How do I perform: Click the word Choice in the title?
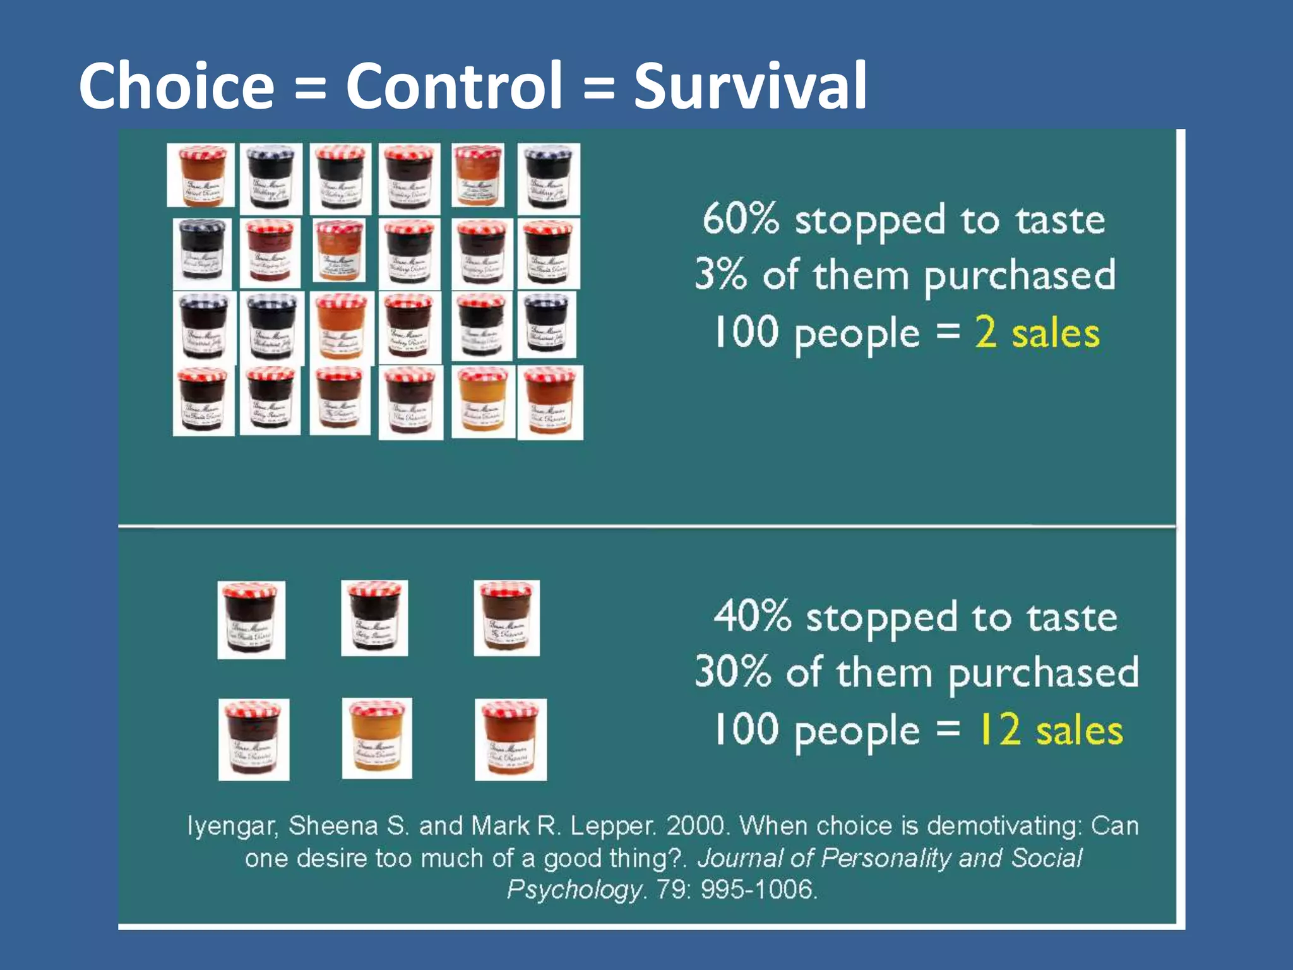pos(177,87)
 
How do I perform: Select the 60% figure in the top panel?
pos(741,219)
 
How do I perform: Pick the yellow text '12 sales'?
pos(1050,730)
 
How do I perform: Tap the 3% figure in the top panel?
pos(720,274)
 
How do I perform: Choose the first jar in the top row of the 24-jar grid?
pos(201,175)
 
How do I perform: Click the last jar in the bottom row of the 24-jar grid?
pos(550,402)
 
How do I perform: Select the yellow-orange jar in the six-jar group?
pos(377,738)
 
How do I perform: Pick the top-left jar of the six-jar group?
pos(251,620)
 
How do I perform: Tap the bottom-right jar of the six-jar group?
pos(511,739)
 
